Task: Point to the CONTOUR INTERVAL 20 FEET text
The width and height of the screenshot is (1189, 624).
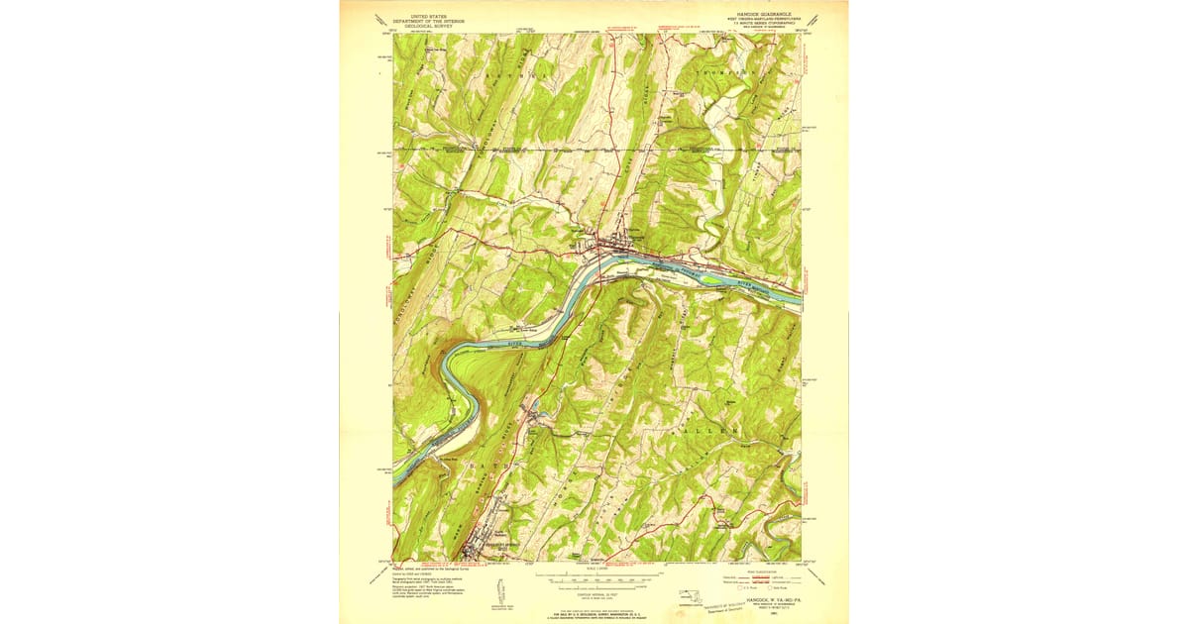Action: pyautogui.click(x=594, y=591)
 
